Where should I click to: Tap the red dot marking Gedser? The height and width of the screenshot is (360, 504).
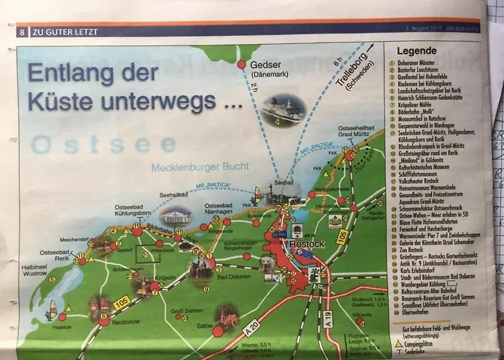242,65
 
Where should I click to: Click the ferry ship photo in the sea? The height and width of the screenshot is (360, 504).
283,110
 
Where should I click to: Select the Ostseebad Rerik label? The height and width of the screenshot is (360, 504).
55,256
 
